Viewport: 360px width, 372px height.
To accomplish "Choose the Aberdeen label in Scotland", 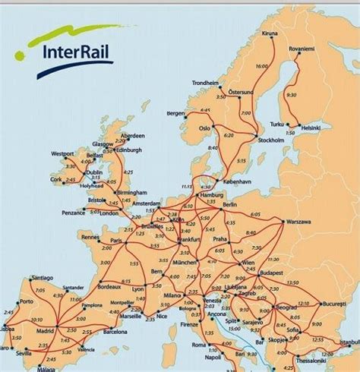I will pyautogui.click(x=131, y=137).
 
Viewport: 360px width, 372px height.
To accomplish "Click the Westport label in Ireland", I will pyautogui.click(x=64, y=153).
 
